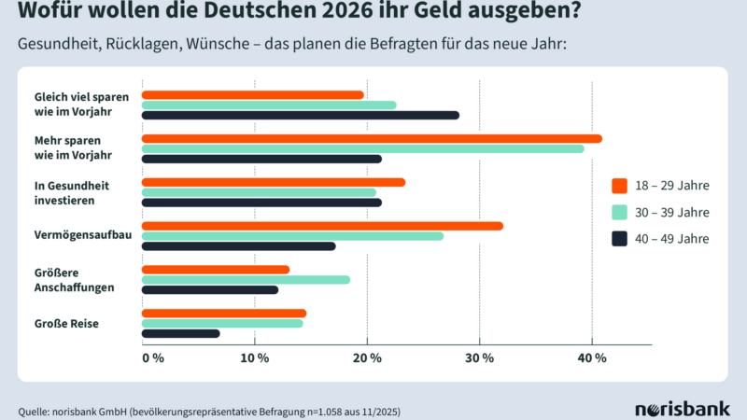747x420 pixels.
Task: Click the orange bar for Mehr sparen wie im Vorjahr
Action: pyautogui.click(x=371, y=138)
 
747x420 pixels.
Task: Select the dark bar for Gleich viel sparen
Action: pyautogui.click(x=300, y=115)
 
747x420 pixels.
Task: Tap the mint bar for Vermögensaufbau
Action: pyautogui.click(x=292, y=235)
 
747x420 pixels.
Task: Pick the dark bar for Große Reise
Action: pyautogui.click(x=180, y=333)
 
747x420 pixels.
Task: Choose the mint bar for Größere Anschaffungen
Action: pyautogui.click(x=246, y=279)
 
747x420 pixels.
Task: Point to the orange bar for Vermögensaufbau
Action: pyautogui.click(x=321, y=225)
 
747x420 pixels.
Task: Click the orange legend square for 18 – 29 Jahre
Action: pyautogui.click(x=619, y=184)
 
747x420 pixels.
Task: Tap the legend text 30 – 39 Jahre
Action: pyautogui.click(x=672, y=211)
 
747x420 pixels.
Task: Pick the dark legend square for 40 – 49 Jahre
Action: pyautogui.click(x=619, y=239)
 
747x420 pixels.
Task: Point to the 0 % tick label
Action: pyautogui.click(x=153, y=358)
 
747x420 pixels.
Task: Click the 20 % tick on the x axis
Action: pyautogui.click(x=367, y=358)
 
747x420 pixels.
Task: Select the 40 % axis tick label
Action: pyautogui.click(x=593, y=358)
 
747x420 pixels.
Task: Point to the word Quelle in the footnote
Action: pyautogui.click(x=35, y=411)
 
